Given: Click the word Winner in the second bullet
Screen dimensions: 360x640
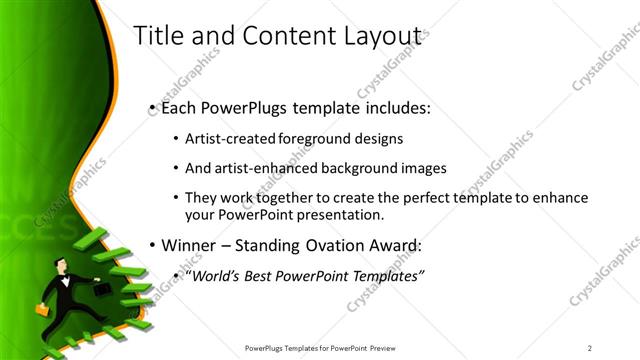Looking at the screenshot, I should (x=190, y=246).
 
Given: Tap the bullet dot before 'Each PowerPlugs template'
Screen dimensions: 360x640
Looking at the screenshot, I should (x=151, y=107).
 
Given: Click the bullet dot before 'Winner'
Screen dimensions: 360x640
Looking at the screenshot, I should (x=151, y=246).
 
